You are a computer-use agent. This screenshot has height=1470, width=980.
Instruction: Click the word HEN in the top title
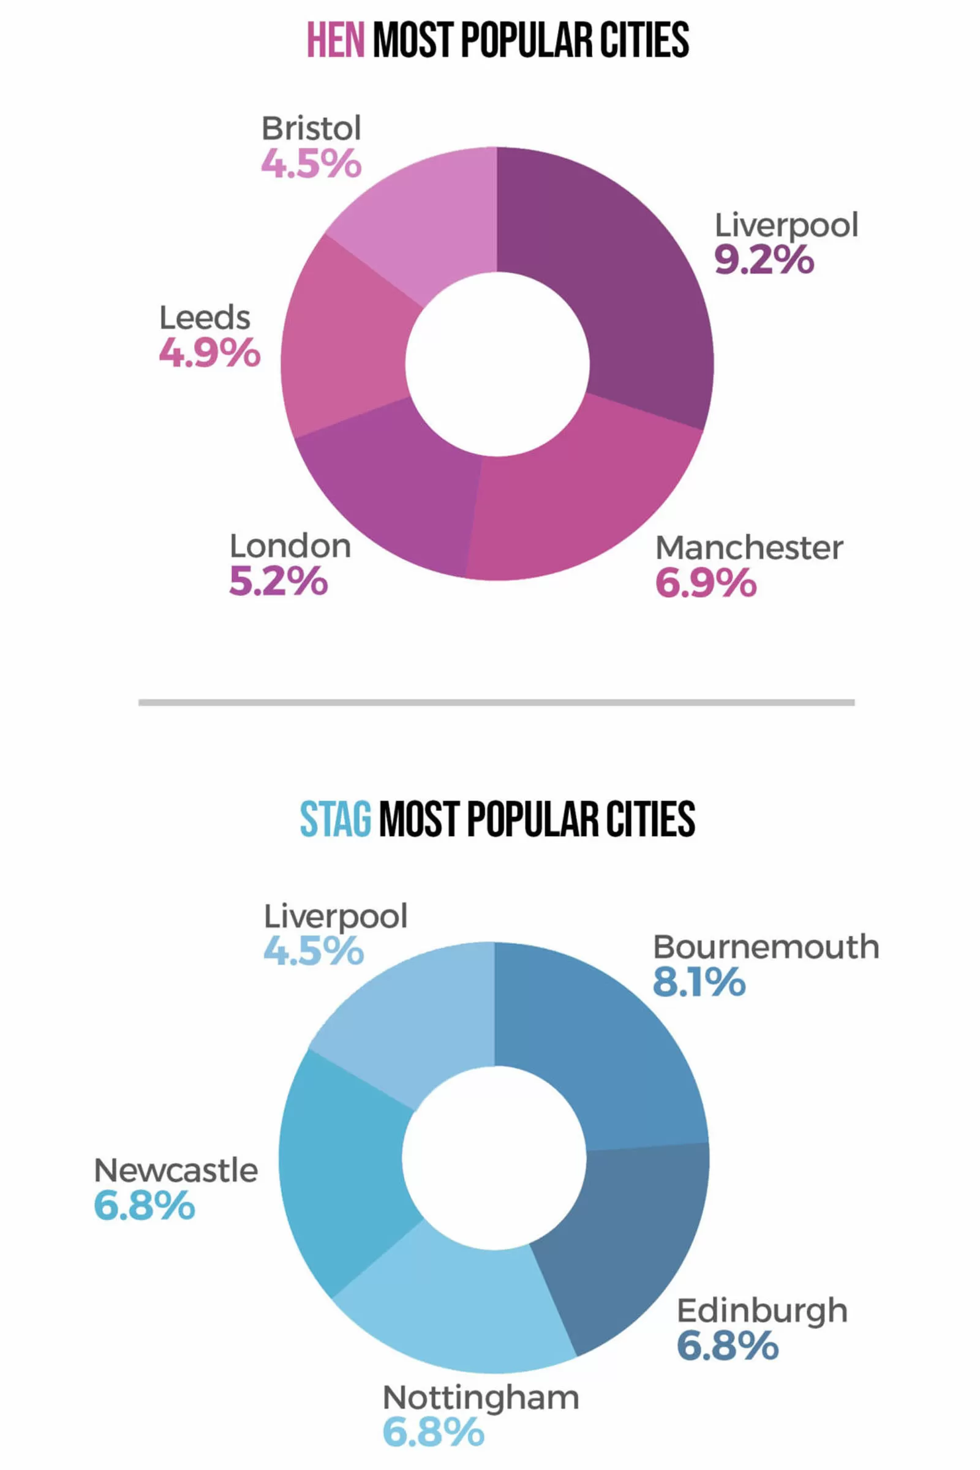335,40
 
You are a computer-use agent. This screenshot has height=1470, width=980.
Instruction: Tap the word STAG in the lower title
336,819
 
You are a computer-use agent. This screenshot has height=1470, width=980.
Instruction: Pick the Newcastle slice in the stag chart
344,1175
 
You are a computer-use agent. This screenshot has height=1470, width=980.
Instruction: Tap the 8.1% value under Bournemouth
699,982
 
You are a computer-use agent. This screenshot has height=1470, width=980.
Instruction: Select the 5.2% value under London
278,581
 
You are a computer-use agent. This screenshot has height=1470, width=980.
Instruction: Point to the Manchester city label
748,548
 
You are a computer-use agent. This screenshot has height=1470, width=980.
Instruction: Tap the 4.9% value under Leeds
209,353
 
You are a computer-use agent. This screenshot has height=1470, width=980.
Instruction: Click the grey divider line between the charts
496,703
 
